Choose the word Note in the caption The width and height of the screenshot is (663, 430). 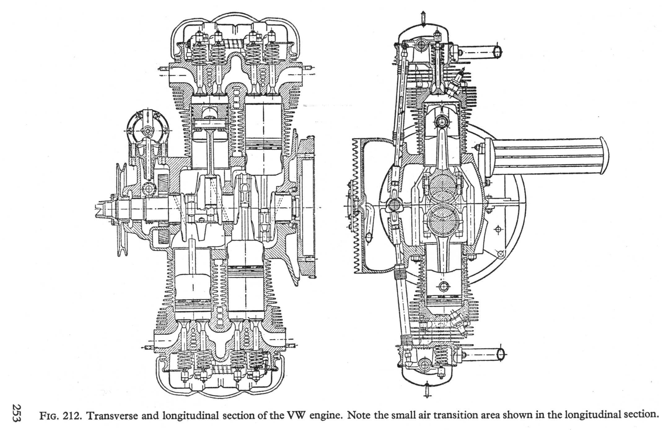click(x=358, y=415)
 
